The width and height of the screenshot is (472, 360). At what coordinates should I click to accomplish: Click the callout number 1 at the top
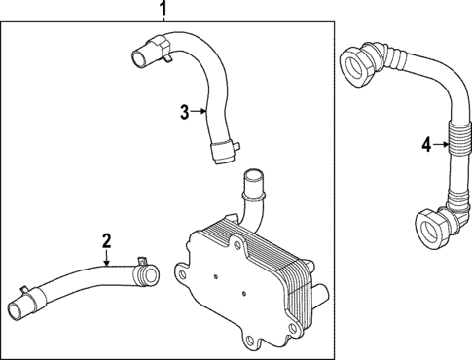(x=163, y=11)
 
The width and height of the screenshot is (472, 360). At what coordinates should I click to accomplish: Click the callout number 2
(x=107, y=239)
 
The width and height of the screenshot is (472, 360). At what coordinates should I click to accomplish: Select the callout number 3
(x=185, y=112)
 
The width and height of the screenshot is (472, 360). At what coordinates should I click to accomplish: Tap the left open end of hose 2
(x=18, y=313)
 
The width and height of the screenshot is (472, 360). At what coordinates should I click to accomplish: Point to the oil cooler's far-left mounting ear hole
(x=179, y=271)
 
